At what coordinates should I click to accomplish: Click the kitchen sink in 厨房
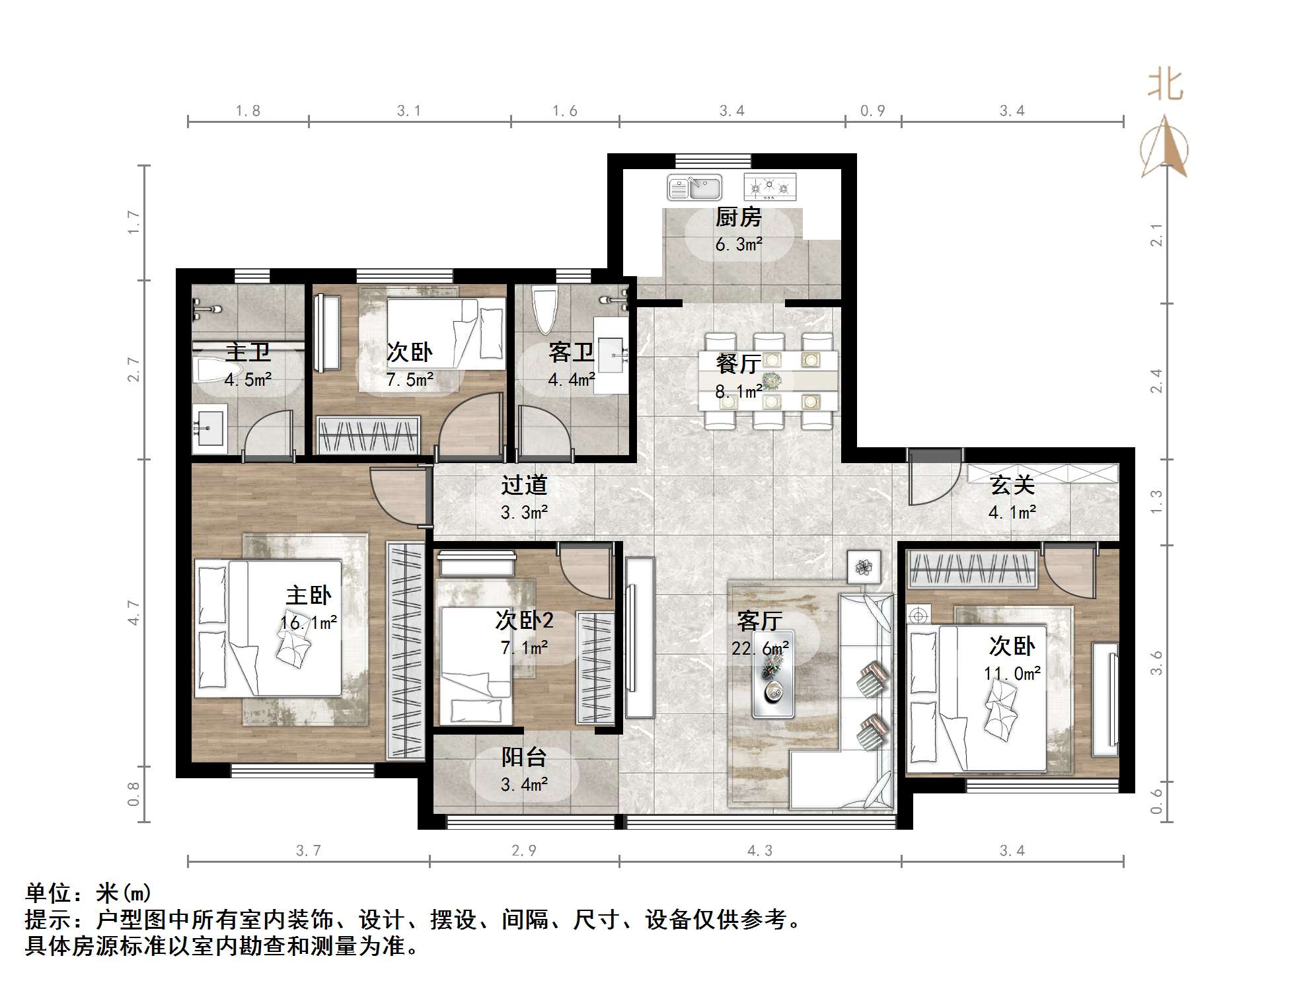tap(694, 188)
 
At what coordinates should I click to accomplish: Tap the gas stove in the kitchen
tap(770, 188)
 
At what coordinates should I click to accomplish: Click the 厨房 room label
tap(739, 217)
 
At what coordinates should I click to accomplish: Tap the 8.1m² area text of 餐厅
tap(738, 392)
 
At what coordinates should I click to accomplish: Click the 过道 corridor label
tap(524, 486)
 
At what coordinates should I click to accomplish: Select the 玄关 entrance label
tap(1012, 486)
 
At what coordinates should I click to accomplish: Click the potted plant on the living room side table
tap(864, 567)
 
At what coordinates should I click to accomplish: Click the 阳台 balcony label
tap(524, 757)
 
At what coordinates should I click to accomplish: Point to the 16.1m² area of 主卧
tap(309, 623)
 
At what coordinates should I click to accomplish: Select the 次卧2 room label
tap(524, 620)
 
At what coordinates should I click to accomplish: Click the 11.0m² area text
tap(1012, 674)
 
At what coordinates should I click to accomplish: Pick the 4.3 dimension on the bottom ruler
tap(759, 851)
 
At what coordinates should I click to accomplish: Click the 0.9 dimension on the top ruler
tap(872, 111)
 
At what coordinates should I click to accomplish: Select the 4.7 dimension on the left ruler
tap(134, 612)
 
